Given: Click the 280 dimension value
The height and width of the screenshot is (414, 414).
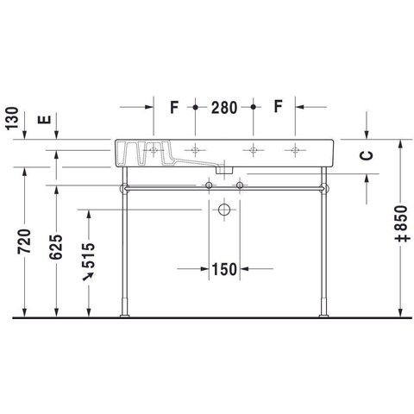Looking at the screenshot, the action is pos(224,108).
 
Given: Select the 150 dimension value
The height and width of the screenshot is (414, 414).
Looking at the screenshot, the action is pos(224,269).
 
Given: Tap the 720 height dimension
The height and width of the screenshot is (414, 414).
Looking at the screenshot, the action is pos(24,241).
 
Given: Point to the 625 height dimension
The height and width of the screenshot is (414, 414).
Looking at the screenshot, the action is pos(56,248).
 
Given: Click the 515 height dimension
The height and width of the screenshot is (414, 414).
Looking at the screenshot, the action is pos(88,255).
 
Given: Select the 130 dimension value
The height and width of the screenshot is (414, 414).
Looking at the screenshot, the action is pos(12,118).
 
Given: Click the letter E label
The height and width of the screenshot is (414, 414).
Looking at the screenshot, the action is pos(44,119).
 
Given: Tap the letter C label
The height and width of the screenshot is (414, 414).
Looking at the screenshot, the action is pos(367,155).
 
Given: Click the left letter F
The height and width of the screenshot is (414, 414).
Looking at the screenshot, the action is pos(174,107).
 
